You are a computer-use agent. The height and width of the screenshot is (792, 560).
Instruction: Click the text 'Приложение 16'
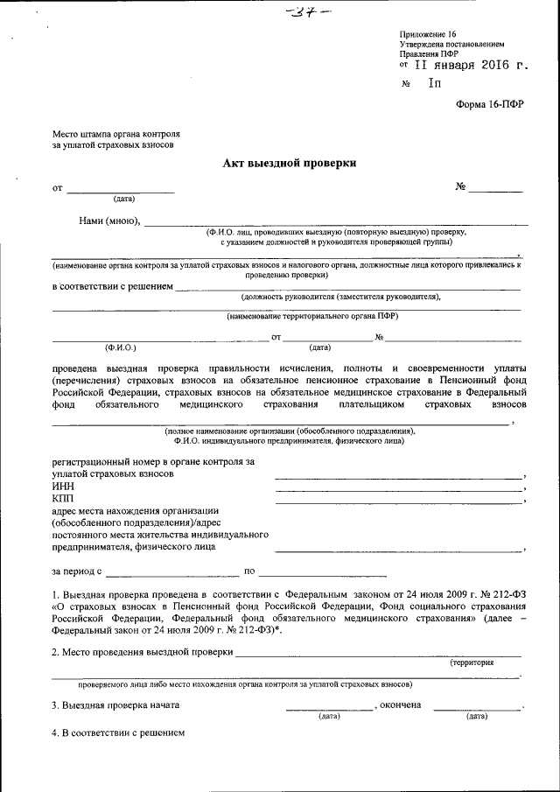tap(426, 32)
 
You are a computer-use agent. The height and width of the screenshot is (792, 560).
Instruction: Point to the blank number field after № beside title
tap(500, 188)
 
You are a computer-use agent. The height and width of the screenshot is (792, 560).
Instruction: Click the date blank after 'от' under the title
tap(121, 188)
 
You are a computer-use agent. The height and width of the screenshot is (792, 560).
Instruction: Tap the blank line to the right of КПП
tap(398, 502)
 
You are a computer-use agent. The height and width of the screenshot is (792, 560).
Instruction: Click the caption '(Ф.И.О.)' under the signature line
tap(120, 347)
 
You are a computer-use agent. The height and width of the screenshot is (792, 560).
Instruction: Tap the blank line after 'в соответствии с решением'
tap(346, 287)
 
